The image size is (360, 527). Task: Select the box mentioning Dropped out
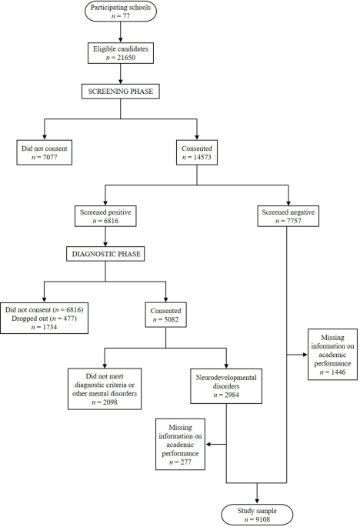coord(44,316)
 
